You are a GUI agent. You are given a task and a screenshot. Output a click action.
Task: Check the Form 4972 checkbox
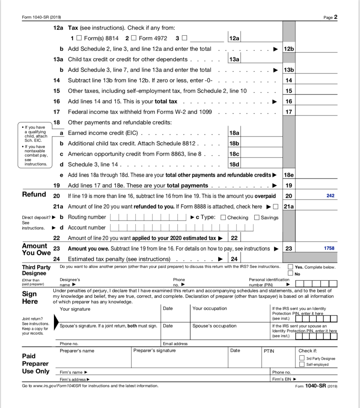coord(134,38)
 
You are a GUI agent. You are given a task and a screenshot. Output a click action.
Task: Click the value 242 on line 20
coord(330,196)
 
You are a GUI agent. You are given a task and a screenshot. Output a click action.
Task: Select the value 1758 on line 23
coord(329,248)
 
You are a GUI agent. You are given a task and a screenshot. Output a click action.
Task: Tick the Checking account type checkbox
coord(223,217)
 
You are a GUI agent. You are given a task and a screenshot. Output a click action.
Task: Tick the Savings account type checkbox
coord(257,217)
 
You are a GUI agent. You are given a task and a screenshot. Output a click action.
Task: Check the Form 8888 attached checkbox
coord(276,207)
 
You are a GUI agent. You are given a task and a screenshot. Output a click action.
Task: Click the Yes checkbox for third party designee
coord(290,267)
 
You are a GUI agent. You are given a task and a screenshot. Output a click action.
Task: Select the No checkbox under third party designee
coord(290,273)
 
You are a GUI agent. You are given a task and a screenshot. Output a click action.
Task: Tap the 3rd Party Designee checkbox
coord(302,358)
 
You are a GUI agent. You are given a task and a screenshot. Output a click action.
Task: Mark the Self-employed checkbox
coord(302,364)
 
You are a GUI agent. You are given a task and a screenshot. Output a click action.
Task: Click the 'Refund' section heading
coord(34,194)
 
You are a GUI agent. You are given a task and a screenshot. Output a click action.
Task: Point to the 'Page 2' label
coord(330,17)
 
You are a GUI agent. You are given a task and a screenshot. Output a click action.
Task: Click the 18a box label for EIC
coord(234,133)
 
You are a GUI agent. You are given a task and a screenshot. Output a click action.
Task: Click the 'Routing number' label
coord(87,217)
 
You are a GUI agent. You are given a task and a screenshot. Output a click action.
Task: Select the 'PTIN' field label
coord(269,351)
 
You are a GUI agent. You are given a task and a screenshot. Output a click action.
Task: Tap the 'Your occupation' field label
coord(210,308)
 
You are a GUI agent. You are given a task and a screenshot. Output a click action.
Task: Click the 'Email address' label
coord(175,344)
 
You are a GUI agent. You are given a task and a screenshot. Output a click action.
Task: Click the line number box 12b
coord(289,49)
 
